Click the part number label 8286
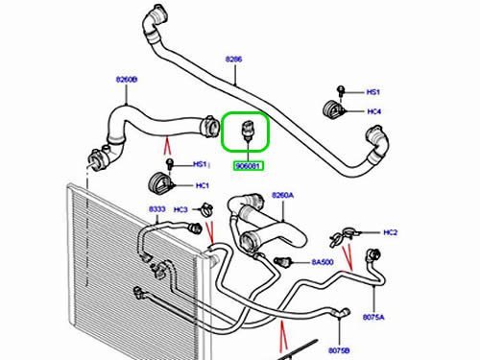click(233, 60)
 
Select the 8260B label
click(127, 79)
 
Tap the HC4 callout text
click(374, 111)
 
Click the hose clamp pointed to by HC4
click(333, 109)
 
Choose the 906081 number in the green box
click(249, 166)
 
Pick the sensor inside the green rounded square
click(247, 131)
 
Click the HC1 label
click(203, 185)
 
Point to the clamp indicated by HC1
click(161, 183)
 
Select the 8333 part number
click(157, 209)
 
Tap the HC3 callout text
click(180, 209)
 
